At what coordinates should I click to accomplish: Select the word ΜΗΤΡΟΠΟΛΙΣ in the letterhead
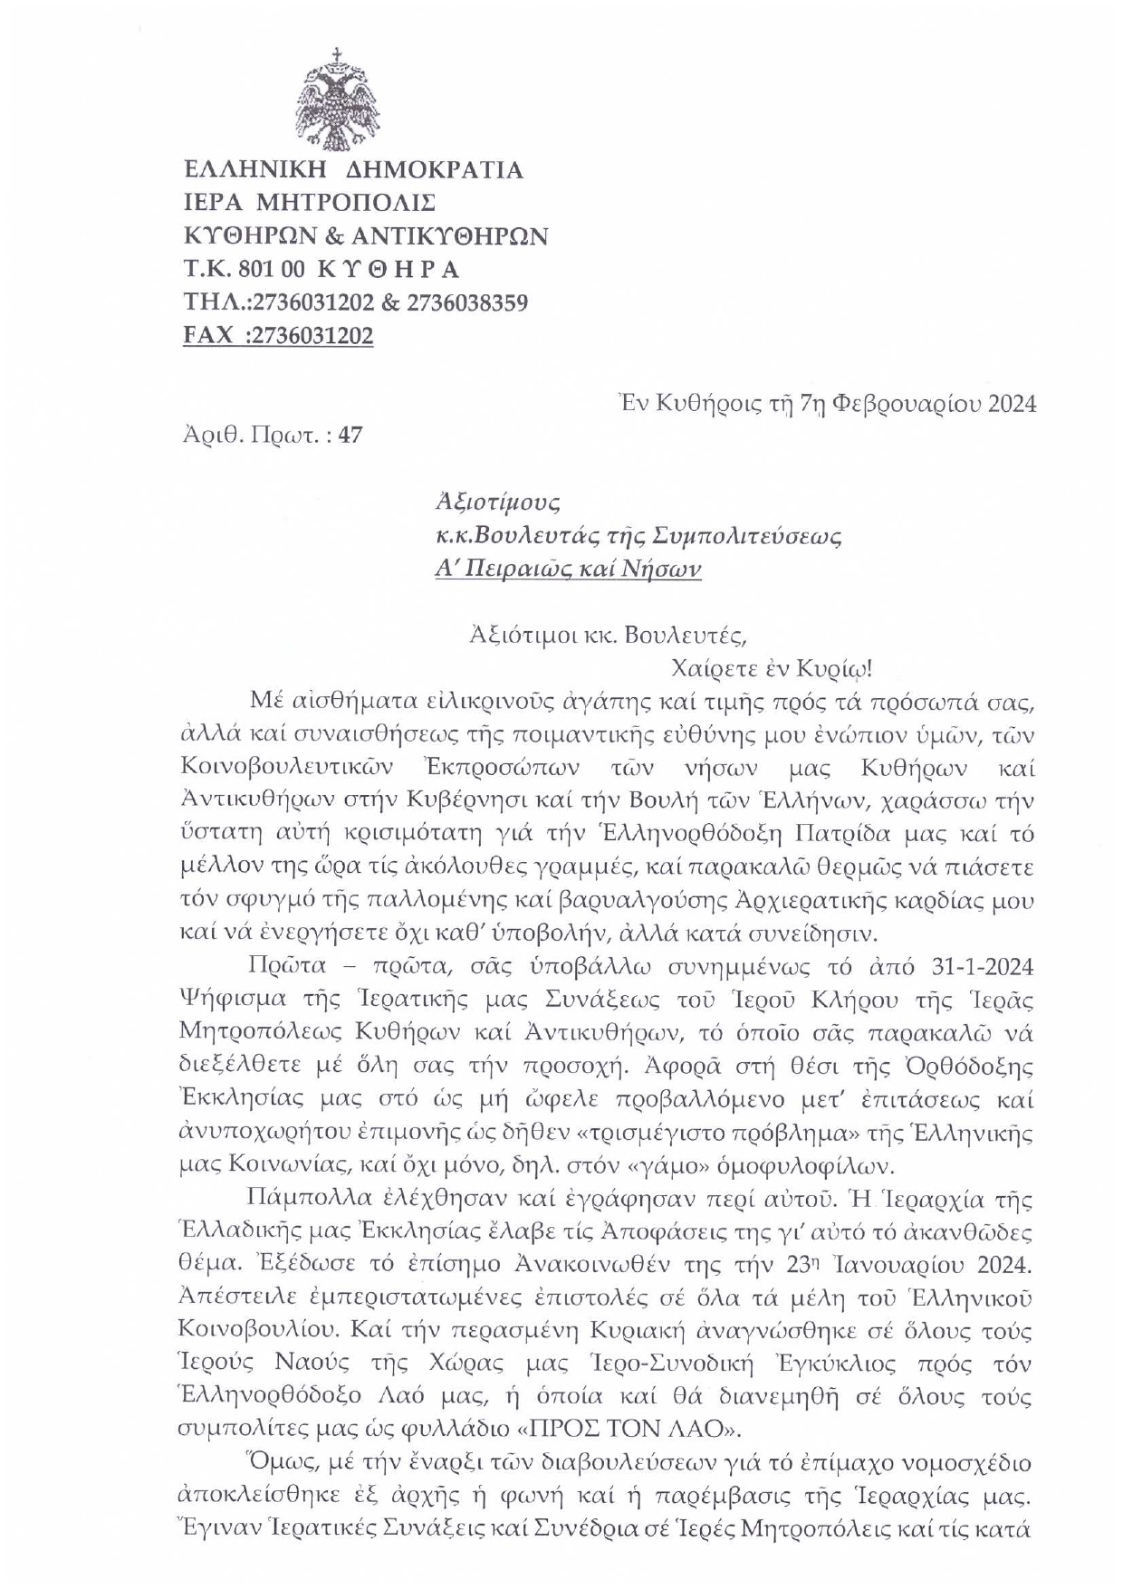[x=348, y=203]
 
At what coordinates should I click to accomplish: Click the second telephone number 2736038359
[x=467, y=302]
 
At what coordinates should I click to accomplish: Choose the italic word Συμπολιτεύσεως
[x=747, y=536]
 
